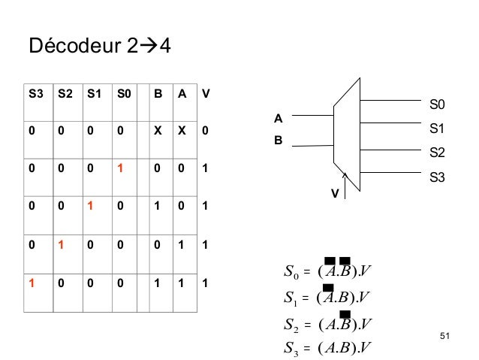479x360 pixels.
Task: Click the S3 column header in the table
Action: pyautogui.click(x=35, y=95)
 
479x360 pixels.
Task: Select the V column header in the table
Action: pyautogui.click(x=206, y=95)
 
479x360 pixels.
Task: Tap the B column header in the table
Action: pyautogui.click(x=158, y=95)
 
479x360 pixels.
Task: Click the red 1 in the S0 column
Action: pyautogui.click(x=118, y=170)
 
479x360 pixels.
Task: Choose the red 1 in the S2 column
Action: pyautogui.click(x=63, y=244)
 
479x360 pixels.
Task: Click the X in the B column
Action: pyautogui.click(x=158, y=130)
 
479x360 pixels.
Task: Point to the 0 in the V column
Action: pyautogui.click(x=206, y=130)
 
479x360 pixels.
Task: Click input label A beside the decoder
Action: pyautogui.click(x=277, y=119)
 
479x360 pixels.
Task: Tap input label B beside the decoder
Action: pyautogui.click(x=277, y=140)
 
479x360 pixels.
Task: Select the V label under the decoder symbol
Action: pyautogui.click(x=336, y=193)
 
